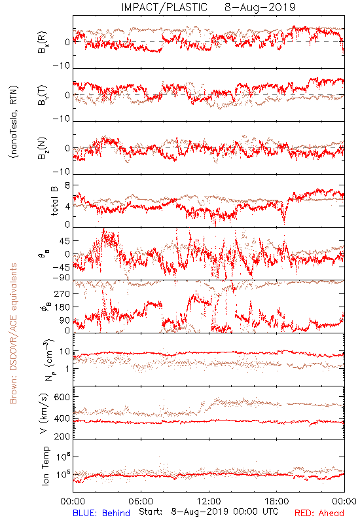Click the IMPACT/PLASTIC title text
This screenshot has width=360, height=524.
pos(164,7)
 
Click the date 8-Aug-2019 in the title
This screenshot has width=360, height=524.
pos(260,7)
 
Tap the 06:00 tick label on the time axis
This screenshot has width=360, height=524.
pos(141,501)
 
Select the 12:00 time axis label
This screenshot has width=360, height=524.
pos(209,501)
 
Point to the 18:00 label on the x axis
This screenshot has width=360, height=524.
pos(277,501)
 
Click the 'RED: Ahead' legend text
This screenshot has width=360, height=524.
pos(319,513)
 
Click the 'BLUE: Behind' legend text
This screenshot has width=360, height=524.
pos(101,513)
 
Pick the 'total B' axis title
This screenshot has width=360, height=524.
pos(54,201)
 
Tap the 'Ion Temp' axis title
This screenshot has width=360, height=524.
pos(45,466)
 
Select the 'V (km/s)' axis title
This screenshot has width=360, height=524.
pos(44,413)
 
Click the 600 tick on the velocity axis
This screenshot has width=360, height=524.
pos(62,397)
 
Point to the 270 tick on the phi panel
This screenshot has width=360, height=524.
pos(62,293)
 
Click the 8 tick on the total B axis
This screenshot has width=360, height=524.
pos(67,185)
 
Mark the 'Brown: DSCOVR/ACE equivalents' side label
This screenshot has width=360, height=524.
pos(13,333)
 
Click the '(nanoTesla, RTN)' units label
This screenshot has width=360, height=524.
pos(14,122)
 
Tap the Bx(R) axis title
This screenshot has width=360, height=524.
pos(43,43)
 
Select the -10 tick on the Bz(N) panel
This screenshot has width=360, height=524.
pos(62,172)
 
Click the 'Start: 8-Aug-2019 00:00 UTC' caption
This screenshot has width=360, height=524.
pos(209,512)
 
